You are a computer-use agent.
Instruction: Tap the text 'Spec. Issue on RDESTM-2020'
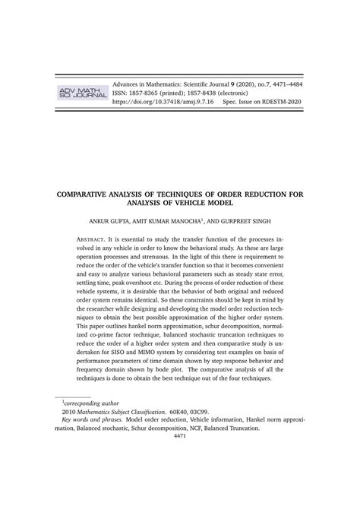pyautogui.click(x=262, y=100)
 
